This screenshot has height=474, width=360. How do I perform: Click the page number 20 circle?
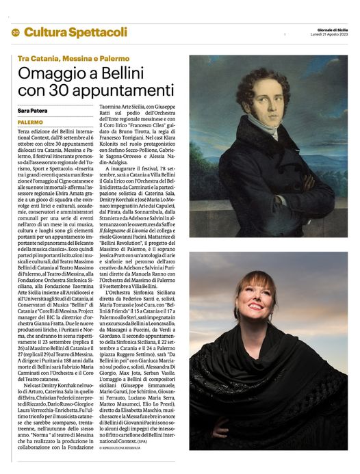[15, 32]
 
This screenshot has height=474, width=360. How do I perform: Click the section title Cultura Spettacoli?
[75, 32]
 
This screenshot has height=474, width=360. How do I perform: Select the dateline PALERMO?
[31, 122]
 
